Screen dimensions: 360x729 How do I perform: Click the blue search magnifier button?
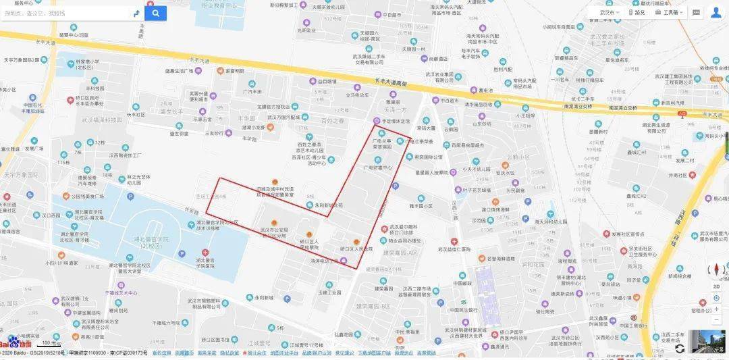(x=155, y=13)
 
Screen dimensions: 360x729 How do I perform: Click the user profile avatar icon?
(x=715, y=13)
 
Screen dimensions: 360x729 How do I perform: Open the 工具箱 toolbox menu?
(x=670, y=12)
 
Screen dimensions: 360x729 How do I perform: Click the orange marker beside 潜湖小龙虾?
(x=270, y=127)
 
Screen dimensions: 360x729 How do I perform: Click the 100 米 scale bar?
(x=51, y=343)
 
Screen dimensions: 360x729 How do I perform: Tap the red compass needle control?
(x=717, y=269)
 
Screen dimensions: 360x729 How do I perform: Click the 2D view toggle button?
(x=717, y=286)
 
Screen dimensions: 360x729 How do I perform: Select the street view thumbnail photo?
(x=705, y=342)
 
